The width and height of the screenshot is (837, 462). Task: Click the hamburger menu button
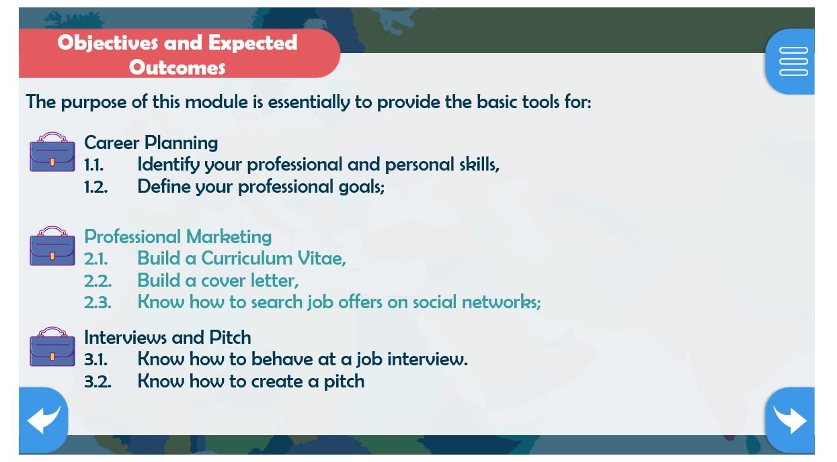click(x=791, y=61)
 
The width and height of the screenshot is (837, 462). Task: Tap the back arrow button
click(x=43, y=420)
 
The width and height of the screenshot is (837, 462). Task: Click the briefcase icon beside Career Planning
click(x=52, y=152)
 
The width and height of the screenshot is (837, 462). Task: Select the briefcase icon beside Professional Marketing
click(x=52, y=246)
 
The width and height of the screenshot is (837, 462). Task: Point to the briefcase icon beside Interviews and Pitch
click(x=52, y=346)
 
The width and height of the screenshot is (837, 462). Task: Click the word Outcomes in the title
click(x=177, y=68)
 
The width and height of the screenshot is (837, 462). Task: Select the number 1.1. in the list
click(x=94, y=165)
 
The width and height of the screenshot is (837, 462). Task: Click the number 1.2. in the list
click(x=95, y=187)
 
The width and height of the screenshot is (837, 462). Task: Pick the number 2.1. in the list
click(x=95, y=259)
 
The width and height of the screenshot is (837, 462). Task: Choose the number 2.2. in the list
click(x=97, y=281)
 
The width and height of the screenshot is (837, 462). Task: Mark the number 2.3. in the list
click(x=97, y=303)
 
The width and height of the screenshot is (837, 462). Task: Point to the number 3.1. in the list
click(x=95, y=360)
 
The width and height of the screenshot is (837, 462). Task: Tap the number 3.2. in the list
click(x=97, y=382)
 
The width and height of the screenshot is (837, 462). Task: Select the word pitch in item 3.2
click(x=344, y=382)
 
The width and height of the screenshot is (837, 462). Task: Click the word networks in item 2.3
click(x=502, y=302)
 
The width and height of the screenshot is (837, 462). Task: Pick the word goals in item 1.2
click(x=362, y=187)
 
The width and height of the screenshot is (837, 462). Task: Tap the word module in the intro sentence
click(x=216, y=101)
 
